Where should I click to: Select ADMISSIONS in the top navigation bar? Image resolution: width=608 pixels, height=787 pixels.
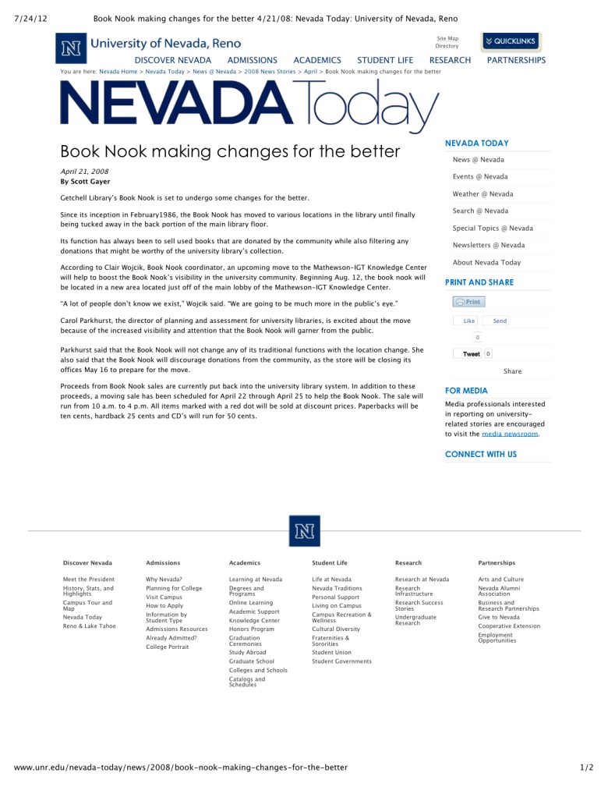point(252,60)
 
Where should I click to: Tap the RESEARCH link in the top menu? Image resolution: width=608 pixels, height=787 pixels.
point(450,60)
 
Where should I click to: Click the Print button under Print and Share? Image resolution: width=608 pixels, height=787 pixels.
point(468,302)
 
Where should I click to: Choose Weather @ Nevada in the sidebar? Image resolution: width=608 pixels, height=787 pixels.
point(483,194)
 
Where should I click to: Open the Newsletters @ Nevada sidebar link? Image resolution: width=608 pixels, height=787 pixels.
point(489,246)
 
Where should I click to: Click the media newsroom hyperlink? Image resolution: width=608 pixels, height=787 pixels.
point(510,434)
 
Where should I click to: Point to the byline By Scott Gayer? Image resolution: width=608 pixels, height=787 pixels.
point(86,182)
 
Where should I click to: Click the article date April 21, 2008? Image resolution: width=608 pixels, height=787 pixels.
point(84,171)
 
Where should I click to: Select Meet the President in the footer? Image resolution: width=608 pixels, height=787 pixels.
point(88,580)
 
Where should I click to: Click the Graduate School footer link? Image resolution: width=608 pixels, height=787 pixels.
point(251,661)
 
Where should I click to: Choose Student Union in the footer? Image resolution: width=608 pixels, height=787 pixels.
point(331,653)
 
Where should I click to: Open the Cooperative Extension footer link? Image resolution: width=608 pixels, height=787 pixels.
point(508,626)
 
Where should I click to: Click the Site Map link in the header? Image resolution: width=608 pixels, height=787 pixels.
point(447,38)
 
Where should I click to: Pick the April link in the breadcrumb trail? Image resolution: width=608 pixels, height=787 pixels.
point(310,72)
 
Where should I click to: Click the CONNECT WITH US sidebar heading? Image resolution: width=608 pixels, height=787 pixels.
point(480,454)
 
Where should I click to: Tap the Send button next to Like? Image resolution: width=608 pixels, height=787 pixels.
point(500,321)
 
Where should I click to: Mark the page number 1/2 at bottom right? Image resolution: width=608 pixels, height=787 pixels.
point(587,768)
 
